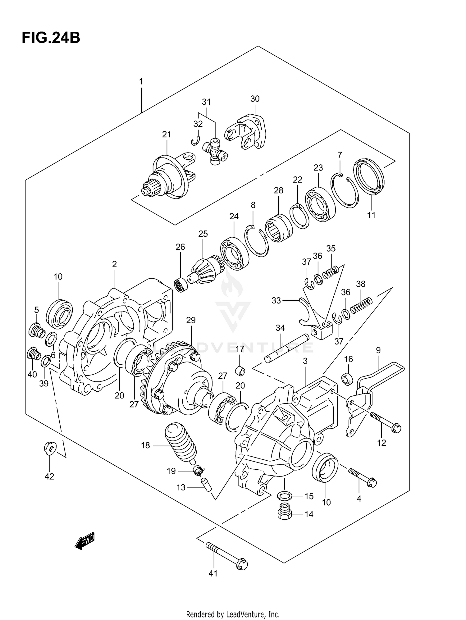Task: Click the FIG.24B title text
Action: (x=51, y=38)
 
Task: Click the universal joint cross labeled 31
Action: (x=215, y=152)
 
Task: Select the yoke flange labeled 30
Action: (x=247, y=134)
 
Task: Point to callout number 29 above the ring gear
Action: (x=191, y=320)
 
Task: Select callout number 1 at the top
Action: (x=141, y=82)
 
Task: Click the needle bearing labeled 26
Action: (x=180, y=285)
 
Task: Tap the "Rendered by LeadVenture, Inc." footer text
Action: (x=233, y=614)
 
